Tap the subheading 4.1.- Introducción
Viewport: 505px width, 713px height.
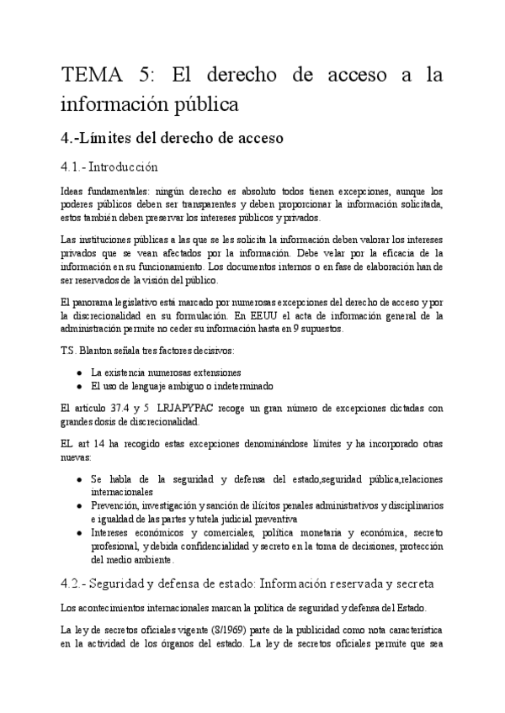pos(109,166)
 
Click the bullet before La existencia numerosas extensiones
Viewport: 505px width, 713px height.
pos(78,372)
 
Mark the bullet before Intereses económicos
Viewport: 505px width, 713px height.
pos(78,531)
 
